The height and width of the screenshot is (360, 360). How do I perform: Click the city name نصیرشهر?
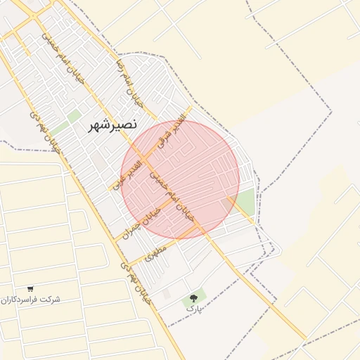point(113,125)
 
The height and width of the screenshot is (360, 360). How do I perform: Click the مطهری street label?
point(155,253)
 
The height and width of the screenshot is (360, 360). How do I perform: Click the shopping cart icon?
point(30,288)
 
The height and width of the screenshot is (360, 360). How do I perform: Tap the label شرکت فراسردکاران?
point(30,300)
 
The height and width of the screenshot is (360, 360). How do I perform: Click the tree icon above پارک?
point(194,298)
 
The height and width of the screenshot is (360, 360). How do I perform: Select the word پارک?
point(194,308)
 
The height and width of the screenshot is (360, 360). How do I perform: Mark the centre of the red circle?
point(180,179)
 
